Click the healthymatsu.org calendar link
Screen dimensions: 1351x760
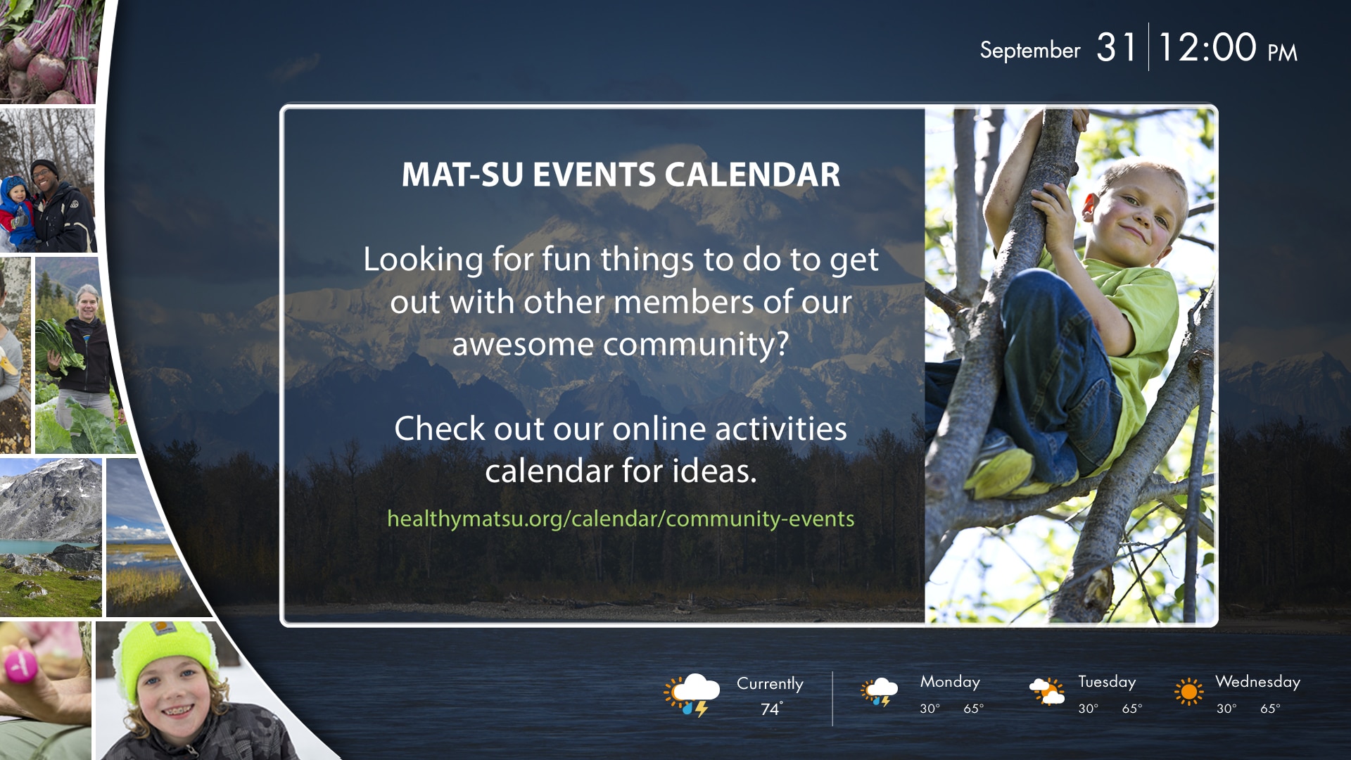[621, 519]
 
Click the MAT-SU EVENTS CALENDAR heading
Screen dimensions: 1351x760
[621, 175]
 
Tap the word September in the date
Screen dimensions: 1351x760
[1030, 51]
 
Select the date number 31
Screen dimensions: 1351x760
[1117, 48]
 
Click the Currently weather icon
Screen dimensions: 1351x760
[692, 695]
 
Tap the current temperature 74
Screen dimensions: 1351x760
[771, 709]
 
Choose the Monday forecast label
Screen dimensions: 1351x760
[950, 682]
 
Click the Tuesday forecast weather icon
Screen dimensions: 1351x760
[1047, 691]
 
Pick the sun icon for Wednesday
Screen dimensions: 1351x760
[1189, 692]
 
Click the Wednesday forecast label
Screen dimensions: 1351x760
[1257, 682]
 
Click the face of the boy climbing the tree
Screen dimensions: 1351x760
[1133, 211]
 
